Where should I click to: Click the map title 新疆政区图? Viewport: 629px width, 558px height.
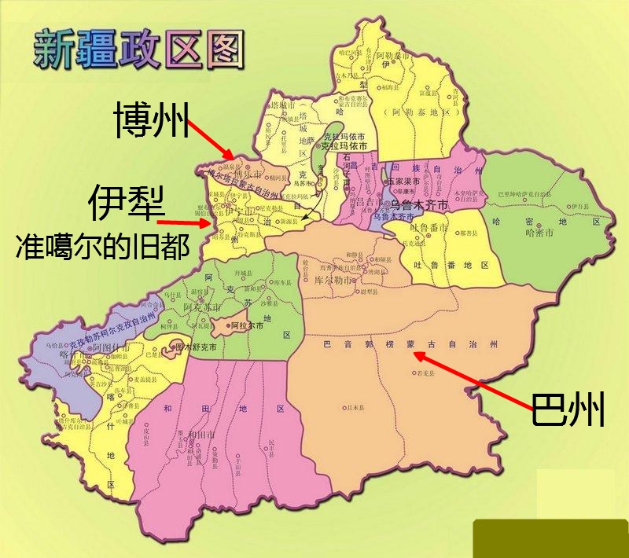tap(138, 49)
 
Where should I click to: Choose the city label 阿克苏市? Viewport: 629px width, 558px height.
tap(200, 309)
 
